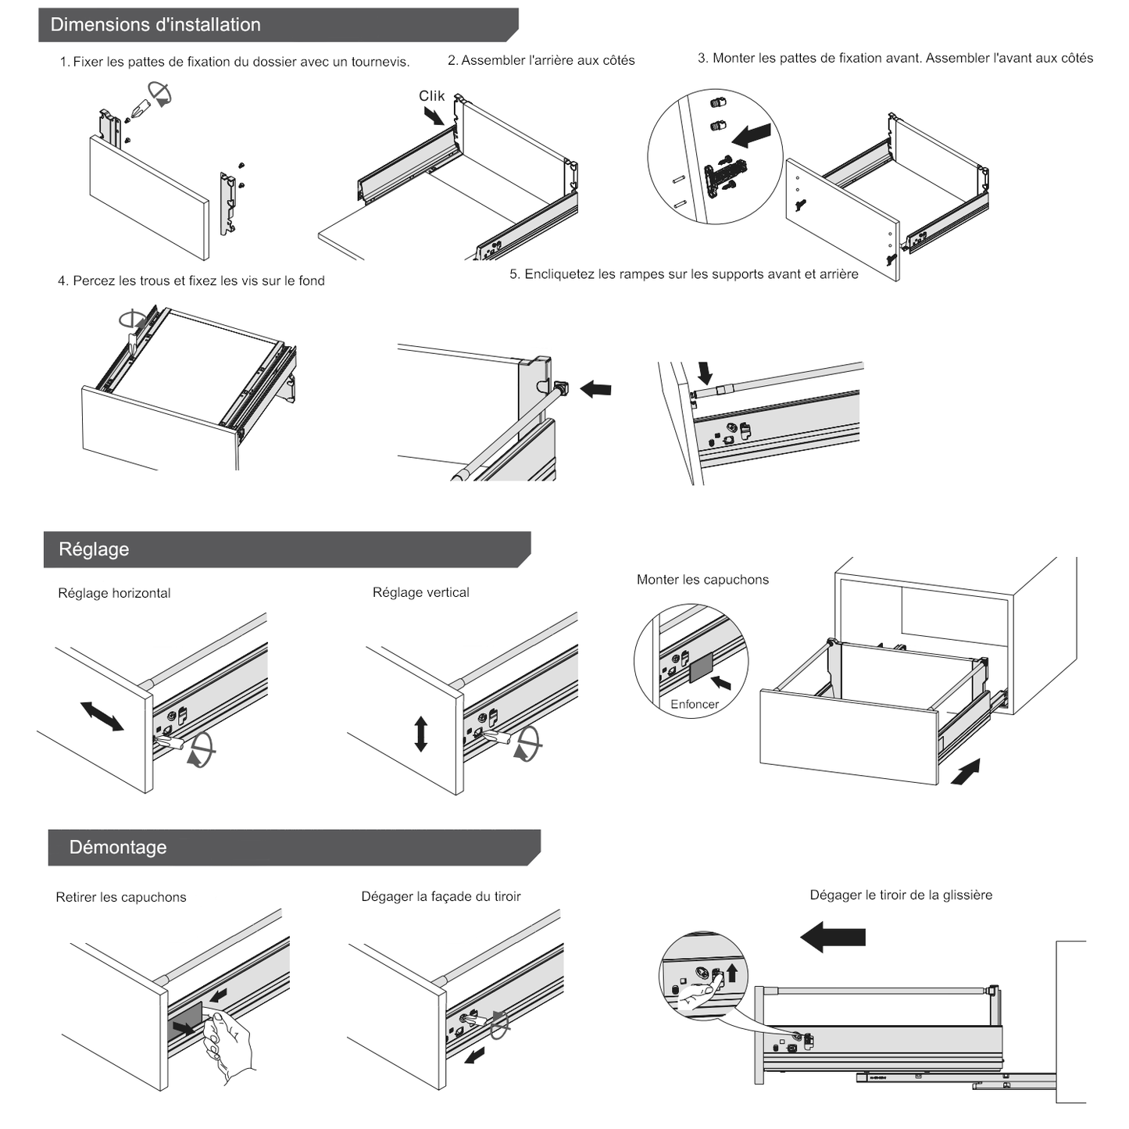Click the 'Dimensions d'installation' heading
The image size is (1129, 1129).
coord(155,25)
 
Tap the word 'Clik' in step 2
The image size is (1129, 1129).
coord(431,96)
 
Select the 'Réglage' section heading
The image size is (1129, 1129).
coord(94,549)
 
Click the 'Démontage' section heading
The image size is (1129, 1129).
coord(118,848)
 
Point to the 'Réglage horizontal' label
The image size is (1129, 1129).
coord(114,593)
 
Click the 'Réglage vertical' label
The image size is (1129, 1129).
coord(420,592)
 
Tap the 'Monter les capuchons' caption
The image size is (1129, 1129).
coord(702,580)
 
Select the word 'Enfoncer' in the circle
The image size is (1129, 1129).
coord(694,704)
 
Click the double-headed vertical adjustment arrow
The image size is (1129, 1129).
coord(421,734)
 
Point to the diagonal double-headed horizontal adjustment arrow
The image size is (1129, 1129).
coord(102,716)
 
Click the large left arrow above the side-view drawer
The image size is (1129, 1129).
coord(833,936)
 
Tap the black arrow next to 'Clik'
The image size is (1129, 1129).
coord(434,116)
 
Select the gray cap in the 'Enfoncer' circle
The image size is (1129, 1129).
coord(701,666)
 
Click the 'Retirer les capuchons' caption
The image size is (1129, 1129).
coord(121,897)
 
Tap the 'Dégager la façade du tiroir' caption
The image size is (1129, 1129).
coord(441,896)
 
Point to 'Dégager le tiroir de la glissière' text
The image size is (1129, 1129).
coord(901,895)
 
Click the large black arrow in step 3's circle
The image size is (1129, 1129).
coord(752,134)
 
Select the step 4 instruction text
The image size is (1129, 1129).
coord(191,280)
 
